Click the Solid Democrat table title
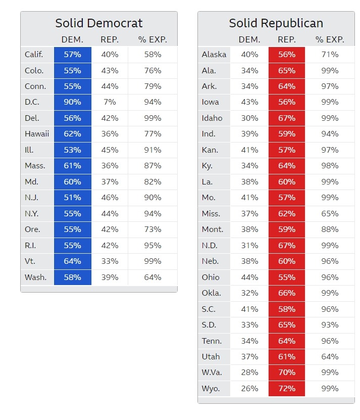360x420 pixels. pyautogui.click(x=99, y=23)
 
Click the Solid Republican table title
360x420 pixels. pyautogui.click(x=276, y=23)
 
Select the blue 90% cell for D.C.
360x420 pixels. pyautogui.click(x=73, y=102)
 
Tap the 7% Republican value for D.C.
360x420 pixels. pyautogui.click(x=110, y=102)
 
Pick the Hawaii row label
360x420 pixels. pyautogui.click(x=37, y=134)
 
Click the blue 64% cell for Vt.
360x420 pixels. pyautogui.click(x=73, y=261)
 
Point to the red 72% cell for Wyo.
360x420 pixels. pyautogui.click(x=286, y=389)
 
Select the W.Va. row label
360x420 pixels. pyautogui.click(x=212, y=372)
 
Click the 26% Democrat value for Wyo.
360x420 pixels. pyautogui.click(x=249, y=389)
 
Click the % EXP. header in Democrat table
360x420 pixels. pyautogui.click(x=152, y=39)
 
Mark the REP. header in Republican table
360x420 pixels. pyautogui.click(x=286, y=39)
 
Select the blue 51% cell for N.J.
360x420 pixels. pyautogui.click(x=73, y=198)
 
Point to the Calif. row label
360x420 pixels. pyautogui.click(x=34, y=55)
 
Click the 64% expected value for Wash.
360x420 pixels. pyautogui.click(x=152, y=277)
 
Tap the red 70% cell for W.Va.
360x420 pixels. pyautogui.click(x=286, y=372)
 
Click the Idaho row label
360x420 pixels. pyautogui.click(x=212, y=118)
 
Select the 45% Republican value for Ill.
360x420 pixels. pyautogui.click(x=110, y=150)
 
